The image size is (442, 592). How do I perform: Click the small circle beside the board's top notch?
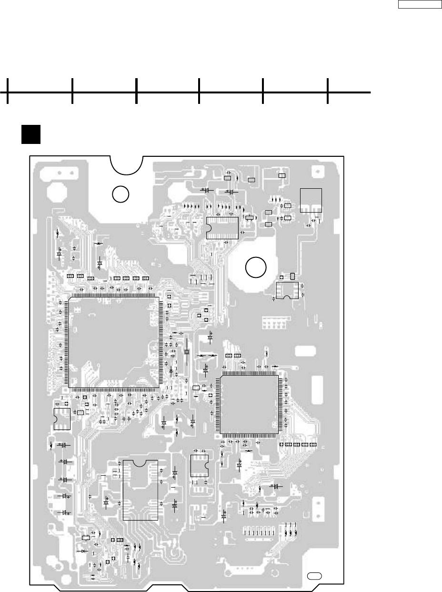(x=121, y=194)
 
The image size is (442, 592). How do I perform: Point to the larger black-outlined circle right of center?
(x=256, y=267)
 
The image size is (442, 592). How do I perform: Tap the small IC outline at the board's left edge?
(x=61, y=418)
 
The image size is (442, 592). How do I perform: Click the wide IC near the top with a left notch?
(x=222, y=227)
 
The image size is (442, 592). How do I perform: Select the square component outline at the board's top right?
(x=311, y=200)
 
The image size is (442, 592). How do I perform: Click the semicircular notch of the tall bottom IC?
(x=140, y=463)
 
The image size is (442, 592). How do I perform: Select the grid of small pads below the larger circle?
(x=273, y=324)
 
